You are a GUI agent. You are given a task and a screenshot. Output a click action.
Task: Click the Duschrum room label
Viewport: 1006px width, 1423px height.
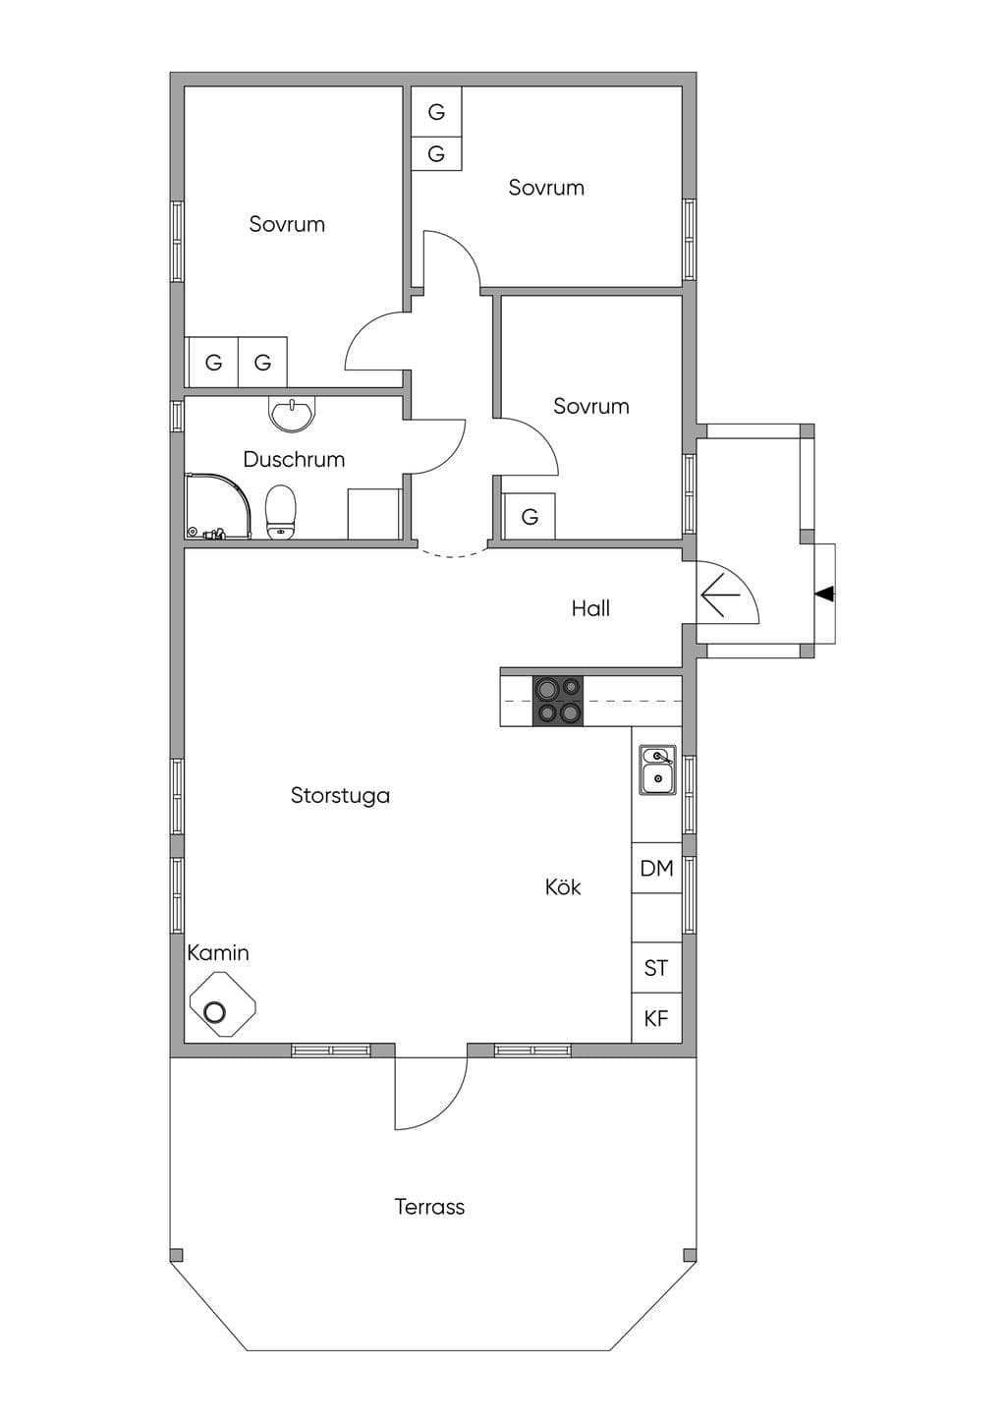point(294,459)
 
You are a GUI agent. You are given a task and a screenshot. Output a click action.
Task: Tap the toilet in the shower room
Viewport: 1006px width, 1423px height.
point(280,513)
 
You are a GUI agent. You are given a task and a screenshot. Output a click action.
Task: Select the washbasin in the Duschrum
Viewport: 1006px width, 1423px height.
point(292,414)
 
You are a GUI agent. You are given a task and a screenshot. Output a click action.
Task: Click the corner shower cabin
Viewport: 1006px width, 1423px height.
point(217,506)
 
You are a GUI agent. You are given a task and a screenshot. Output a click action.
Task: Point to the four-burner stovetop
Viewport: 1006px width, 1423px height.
point(557,701)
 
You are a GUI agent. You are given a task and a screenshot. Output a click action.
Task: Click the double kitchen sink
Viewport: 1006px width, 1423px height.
point(657,769)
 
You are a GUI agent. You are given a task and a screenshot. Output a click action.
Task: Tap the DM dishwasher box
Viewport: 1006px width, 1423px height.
point(656,869)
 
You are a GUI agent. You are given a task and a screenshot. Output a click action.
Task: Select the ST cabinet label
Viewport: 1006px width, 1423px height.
point(656,968)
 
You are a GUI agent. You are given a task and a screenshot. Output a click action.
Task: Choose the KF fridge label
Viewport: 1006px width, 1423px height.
point(656,1019)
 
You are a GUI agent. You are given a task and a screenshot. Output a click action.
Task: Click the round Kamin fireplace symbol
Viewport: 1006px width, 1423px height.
point(213,1011)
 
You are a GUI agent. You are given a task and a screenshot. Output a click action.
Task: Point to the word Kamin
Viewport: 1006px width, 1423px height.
point(218,953)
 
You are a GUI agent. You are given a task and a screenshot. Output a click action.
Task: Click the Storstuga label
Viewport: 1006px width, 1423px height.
point(340,795)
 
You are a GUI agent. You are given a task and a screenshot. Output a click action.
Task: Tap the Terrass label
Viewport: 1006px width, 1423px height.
point(430,1207)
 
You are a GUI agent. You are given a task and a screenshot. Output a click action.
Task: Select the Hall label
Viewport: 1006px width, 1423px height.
point(590,608)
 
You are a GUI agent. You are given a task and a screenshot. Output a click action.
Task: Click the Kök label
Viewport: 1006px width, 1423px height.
point(563,886)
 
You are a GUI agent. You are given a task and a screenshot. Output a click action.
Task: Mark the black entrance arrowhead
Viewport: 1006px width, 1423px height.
point(824,595)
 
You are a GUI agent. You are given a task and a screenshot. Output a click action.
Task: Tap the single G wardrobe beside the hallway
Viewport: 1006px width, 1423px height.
point(530,517)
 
